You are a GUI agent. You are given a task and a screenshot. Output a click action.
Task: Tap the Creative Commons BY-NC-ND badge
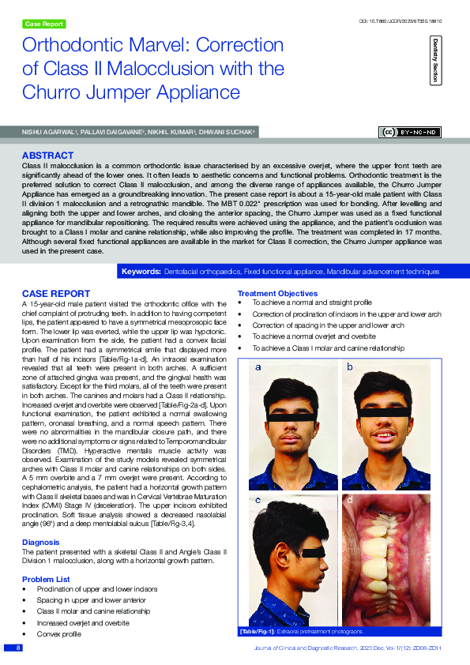[411, 133]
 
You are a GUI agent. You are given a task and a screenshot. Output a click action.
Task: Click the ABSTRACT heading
[48, 156]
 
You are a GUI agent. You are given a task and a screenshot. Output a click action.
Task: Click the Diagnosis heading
[40, 543]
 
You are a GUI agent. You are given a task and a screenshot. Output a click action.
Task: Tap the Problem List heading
[46, 580]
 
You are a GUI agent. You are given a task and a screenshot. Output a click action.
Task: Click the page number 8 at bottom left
[15, 648]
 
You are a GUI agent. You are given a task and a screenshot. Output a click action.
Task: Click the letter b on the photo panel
[351, 367]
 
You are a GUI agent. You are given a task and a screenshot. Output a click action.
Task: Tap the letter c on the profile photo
[258, 500]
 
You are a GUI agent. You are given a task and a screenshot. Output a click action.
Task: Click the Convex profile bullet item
[58, 633]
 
